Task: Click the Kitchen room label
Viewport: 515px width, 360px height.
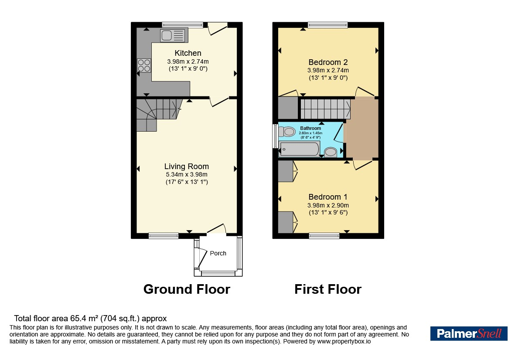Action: click(x=188, y=53)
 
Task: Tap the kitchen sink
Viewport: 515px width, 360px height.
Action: click(x=174, y=35)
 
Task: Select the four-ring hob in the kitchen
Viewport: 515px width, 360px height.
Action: click(x=144, y=65)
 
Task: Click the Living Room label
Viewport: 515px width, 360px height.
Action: click(x=187, y=166)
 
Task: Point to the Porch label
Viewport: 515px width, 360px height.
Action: click(x=218, y=253)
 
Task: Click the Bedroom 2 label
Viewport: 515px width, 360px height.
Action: click(x=328, y=62)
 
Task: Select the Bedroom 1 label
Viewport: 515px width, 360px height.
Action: click(x=328, y=197)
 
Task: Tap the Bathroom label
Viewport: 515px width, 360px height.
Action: click(x=310, y=128)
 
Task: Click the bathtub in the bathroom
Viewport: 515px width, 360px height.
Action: click(x=299, y=149)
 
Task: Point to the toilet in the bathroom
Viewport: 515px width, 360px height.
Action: click(x=287, y=132)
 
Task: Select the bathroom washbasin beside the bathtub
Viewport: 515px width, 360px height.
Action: click(x=331, y=152)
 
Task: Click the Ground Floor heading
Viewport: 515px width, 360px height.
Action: click(x=187, y=289)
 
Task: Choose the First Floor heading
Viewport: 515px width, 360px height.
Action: click(x=328, y=289)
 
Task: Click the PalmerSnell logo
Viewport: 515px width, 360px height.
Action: click(x=469, y=333)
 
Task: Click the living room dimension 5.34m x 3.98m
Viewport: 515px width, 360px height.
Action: click(x=187, y=175)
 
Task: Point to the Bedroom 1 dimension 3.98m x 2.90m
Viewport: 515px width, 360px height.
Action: click(x=328, y=205)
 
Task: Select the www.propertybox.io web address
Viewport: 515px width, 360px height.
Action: click(x=344, y=341)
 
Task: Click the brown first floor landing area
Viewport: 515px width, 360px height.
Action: click(x=362, y=128)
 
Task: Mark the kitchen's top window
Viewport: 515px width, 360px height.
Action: click(x=183, y=24)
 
